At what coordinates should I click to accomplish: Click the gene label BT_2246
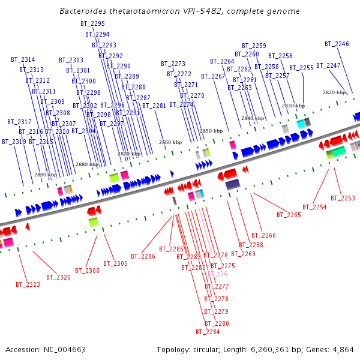337,44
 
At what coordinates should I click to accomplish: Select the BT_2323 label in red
28,284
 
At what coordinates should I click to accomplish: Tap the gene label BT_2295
92,23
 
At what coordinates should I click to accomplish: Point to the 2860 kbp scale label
170,142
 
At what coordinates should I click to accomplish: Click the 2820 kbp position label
334,92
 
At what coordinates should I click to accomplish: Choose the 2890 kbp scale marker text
45,175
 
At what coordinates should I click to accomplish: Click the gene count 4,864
343,350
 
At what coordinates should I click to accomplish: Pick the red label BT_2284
208,332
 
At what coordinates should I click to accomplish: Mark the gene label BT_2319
14,142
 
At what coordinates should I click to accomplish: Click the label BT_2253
343,198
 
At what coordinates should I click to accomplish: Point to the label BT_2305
115,263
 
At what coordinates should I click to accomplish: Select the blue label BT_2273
173,64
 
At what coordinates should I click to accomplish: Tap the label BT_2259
254,46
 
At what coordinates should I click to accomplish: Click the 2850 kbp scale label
211,131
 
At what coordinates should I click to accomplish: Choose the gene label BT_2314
23,59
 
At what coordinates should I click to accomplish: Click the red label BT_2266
263,235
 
